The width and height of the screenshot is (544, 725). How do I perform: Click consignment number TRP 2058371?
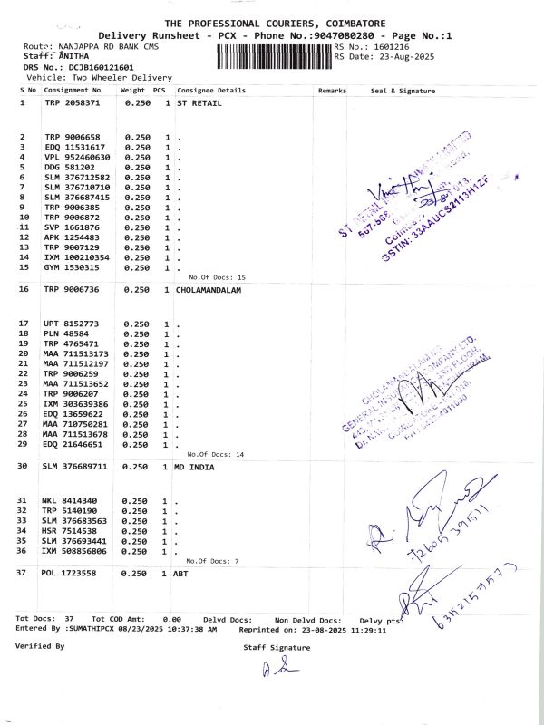[x=73, y=103]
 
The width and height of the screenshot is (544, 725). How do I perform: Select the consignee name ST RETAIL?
[x=199, y=103]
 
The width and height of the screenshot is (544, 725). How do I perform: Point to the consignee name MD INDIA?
[x=195, y=467]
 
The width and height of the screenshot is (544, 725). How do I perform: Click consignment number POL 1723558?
[x=69, y=574]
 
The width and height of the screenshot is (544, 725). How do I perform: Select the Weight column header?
[x=132, y=91]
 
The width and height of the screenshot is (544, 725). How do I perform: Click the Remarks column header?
[x=333, y=91]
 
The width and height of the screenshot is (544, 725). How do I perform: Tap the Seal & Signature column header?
[x=403, y=91]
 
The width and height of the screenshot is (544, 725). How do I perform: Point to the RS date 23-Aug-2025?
[x=404, y=56]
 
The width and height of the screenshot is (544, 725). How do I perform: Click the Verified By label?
[x=40, y=645]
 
